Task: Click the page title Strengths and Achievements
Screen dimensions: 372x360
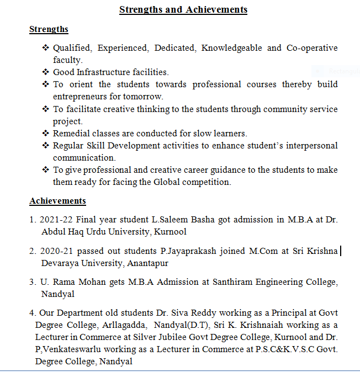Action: point(183,9)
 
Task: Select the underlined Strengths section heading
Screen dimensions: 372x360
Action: point(49,29)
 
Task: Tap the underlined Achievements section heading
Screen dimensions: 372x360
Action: point(57,201)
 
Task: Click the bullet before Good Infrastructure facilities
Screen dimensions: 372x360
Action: point(46,72)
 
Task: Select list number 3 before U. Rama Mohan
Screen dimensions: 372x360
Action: point(33,282)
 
